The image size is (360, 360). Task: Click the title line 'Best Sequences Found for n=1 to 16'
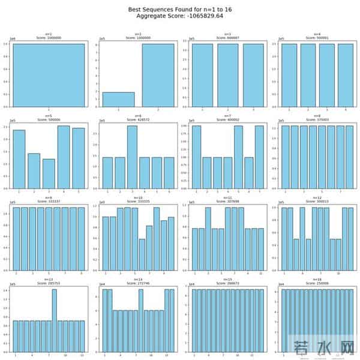click(180, 10)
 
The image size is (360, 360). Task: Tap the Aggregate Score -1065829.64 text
click(180, 17)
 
